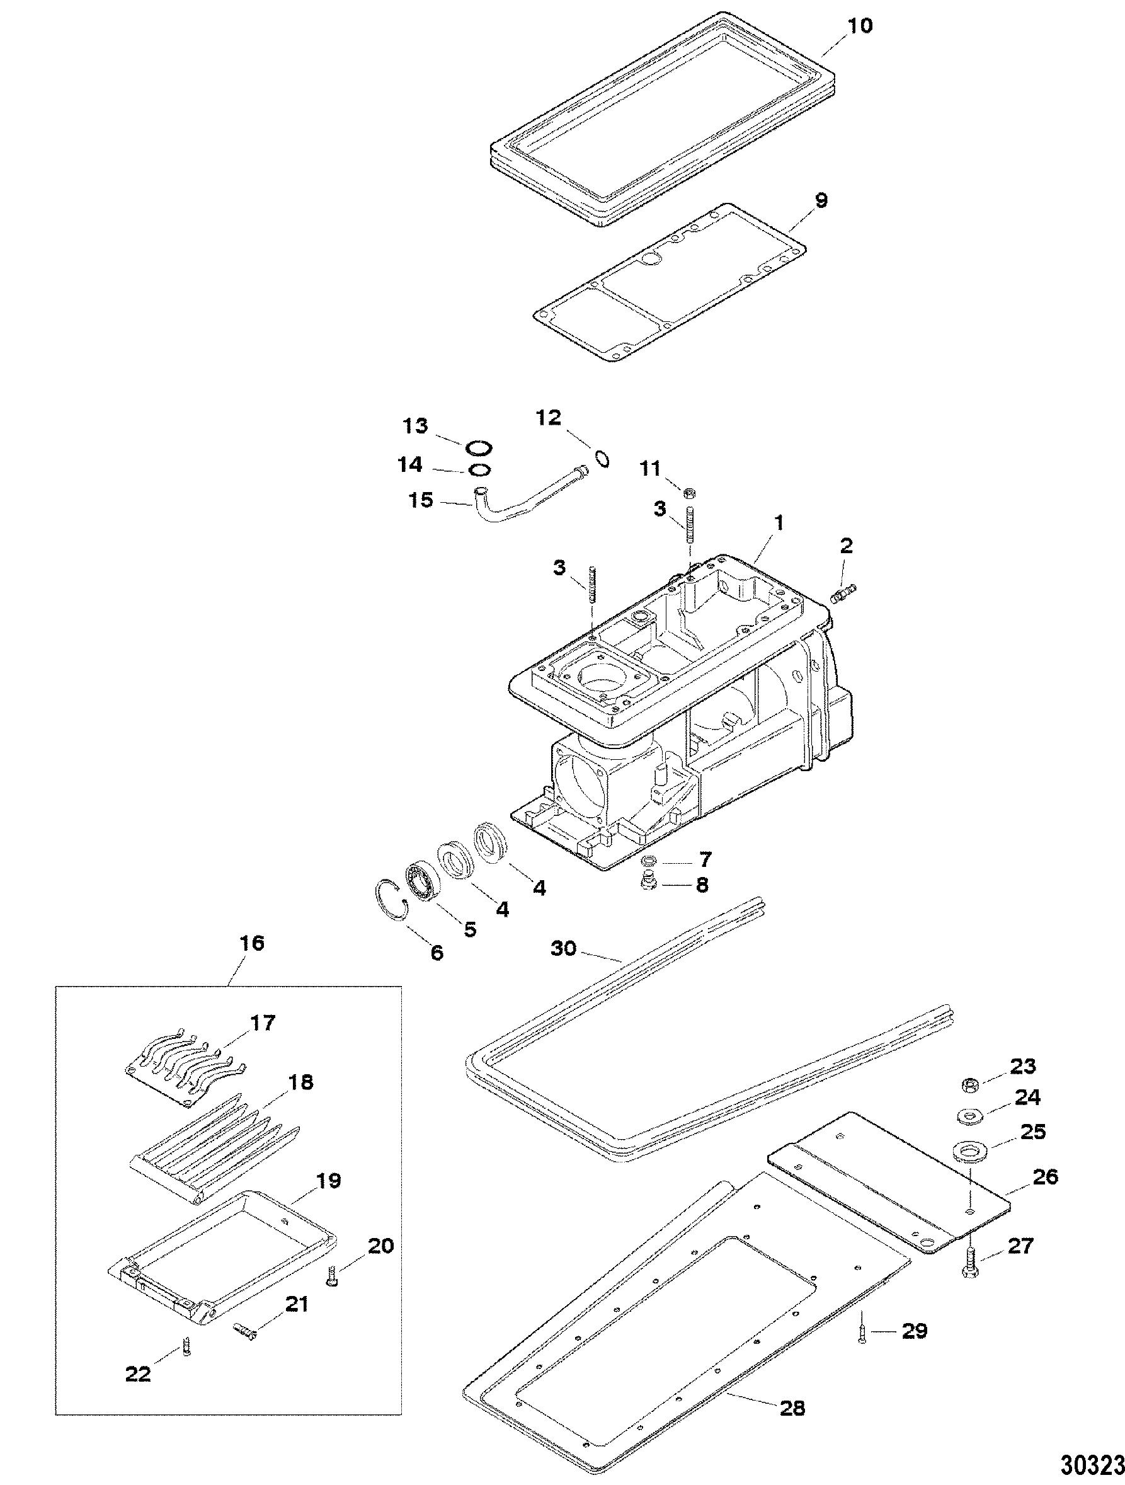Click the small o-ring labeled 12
click(602, 459)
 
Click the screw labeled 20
click(332, 1281)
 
